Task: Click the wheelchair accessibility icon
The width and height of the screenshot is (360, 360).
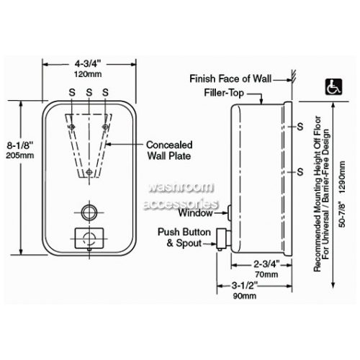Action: point(333,86)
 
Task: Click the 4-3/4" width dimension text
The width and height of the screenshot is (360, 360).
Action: point(87,64)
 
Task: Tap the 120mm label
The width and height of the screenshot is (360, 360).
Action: point(88,74)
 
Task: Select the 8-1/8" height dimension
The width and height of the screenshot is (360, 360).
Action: point(19,145)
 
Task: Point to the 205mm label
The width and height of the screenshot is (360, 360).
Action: point(20,156)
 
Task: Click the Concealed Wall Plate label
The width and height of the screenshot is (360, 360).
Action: point(169,150)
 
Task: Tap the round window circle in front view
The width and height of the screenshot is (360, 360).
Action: point(89,212)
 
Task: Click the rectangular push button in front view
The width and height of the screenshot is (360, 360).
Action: point(89,238)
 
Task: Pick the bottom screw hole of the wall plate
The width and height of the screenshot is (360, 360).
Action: point(89,172)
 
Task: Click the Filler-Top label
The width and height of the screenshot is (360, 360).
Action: point(224,93)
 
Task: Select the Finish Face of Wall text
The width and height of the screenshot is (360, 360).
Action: point(230,78)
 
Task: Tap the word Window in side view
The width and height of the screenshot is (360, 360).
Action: point(195,213)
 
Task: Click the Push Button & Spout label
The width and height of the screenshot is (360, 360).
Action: point(184,238)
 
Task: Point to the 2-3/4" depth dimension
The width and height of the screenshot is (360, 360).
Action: point(267,264)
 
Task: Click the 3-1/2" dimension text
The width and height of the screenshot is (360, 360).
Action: point(245,285)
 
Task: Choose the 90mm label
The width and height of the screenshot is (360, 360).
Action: point(245,296)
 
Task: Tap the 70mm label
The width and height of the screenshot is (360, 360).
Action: point(266,274)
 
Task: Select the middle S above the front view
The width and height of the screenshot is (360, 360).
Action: point(89,92)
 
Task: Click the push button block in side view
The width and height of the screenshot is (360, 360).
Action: point(221,239)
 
